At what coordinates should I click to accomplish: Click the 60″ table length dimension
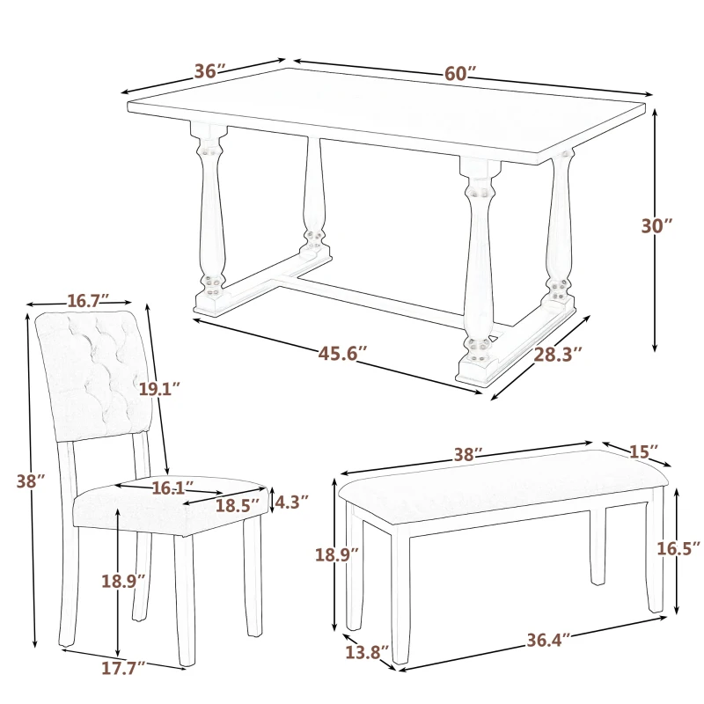pyautogui.click(x=459, y=74)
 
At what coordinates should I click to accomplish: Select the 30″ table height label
pyautogui.click(x=656, y=225)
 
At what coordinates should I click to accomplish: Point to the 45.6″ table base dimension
pyautogui.click(x=342, y=354)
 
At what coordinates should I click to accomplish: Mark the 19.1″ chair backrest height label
pyautogui.click(x=158, y=388)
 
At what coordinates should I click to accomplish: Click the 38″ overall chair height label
pyautogui.click(x=30, y=481)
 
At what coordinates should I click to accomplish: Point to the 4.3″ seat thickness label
pyautogui.click(x=291, y=502)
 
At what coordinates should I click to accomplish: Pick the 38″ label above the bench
pyautogui.click(x=467, y=455)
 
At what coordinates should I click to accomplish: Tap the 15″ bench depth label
pyautogui.click(x=643, y=451)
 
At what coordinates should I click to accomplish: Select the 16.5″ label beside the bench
pyautogui.click(x=678, y=548)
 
